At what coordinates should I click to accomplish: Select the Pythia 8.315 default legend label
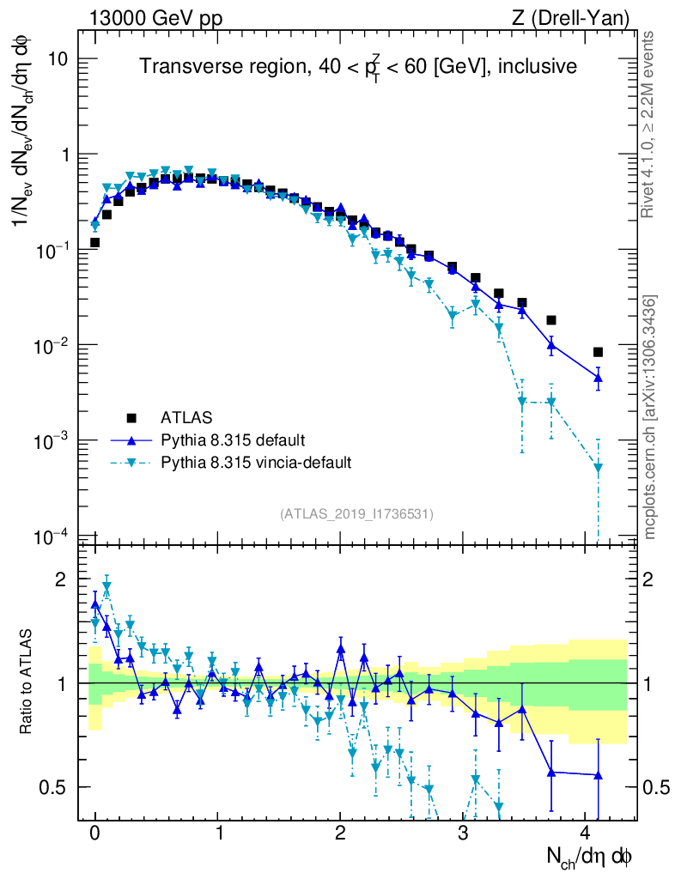click(232, 440)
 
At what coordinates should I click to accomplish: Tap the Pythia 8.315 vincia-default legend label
click(256, 463)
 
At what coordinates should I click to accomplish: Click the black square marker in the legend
click(132, 418)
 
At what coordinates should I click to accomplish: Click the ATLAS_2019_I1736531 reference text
click(356, 514)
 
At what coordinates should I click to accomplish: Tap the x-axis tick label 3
click(463, 833)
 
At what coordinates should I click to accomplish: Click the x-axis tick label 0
click(94, 833)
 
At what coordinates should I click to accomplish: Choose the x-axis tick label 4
click(586, 833)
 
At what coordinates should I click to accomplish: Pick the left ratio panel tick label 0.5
click(53, 787)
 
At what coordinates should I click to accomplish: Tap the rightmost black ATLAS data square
click(598, 352)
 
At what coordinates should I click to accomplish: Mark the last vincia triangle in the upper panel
click(598, 469)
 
